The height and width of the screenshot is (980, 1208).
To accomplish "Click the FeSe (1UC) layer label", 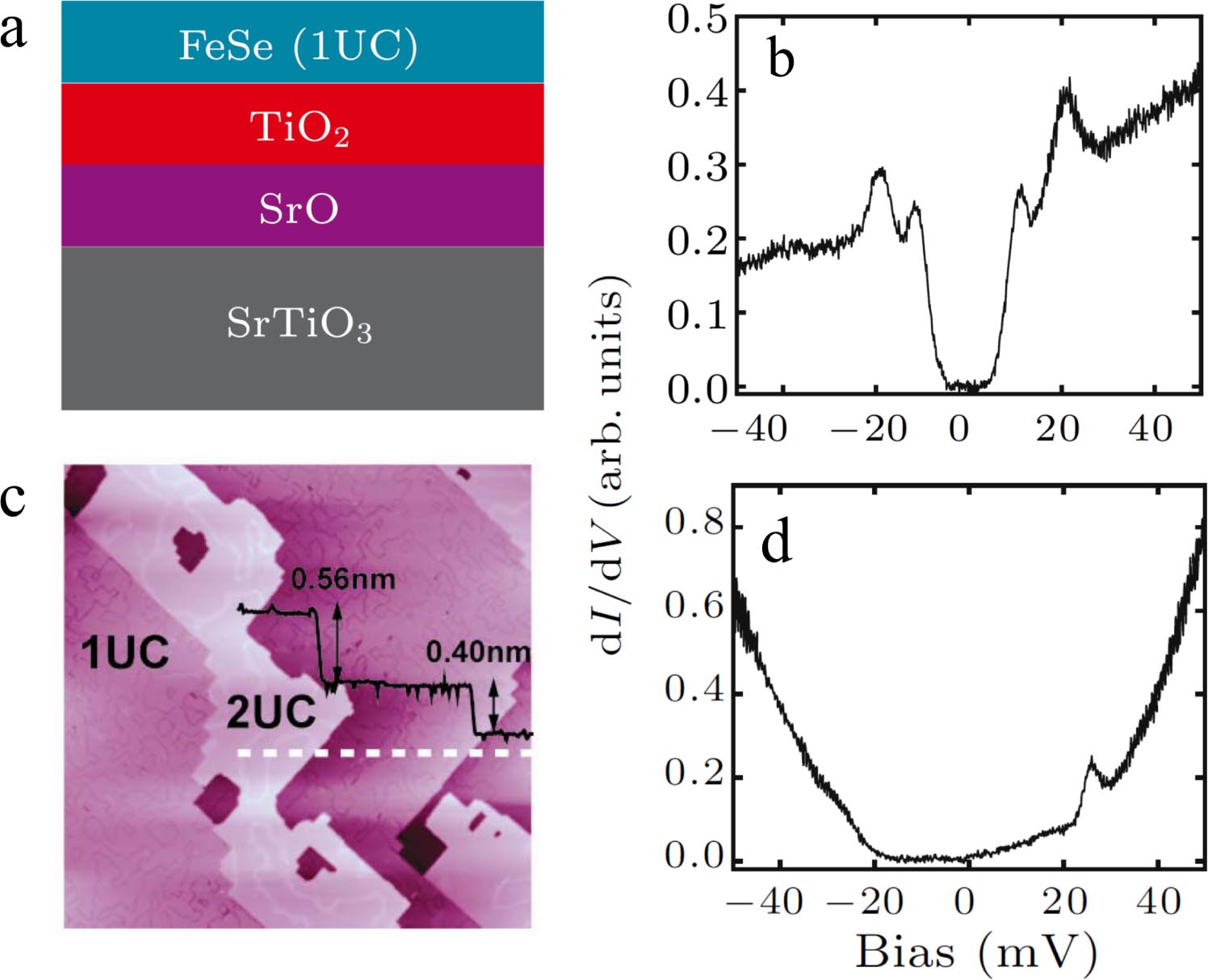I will click(x=298, y=46).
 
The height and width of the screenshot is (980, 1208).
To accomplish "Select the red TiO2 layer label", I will click(x=300, y=128).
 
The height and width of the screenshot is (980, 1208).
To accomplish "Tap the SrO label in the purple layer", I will click(x=298, y=209).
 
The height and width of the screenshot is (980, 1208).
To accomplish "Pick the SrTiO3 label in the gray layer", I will click(x=299, y=324).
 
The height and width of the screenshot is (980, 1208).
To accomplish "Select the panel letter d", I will click(x=776, y=543).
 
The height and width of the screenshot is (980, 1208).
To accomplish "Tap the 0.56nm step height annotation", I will click(x=343, y=579).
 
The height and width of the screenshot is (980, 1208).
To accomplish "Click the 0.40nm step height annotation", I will click(x=478, y=652).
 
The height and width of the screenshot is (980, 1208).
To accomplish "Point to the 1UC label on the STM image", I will click(x=125, y=653).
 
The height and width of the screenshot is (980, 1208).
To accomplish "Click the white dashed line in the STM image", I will click(x=384, y=753).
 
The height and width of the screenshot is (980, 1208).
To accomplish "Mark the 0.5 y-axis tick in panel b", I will click(x=697, y=19).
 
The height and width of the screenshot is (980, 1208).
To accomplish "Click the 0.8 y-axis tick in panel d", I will click(x=694, y=524).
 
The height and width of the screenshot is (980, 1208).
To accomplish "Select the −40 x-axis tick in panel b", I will click(x=749, y=428).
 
